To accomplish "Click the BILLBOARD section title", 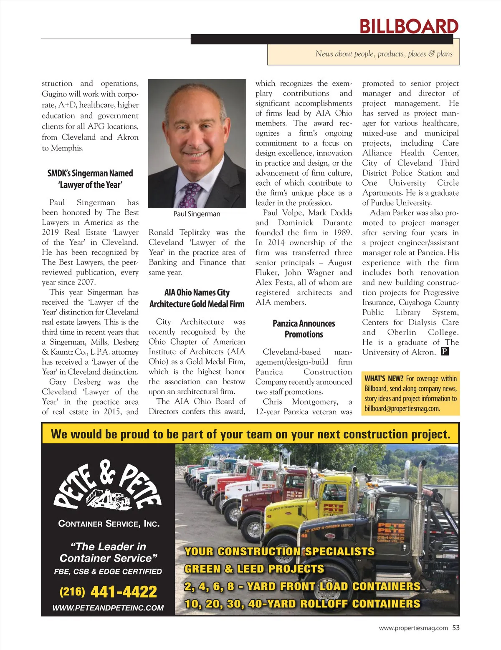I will (409, 26).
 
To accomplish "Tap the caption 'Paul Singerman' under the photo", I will (197, 214).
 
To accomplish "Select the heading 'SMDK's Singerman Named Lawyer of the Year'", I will (90, 179).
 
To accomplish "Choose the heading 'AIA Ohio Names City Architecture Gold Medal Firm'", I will (197, 298).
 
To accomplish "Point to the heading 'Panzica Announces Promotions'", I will (304, 329).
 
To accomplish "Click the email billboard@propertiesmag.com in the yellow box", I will (402, 408).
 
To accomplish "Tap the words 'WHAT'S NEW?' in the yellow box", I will (384, 378).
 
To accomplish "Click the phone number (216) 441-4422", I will (108, 592).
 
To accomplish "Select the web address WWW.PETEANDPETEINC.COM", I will (108, 608).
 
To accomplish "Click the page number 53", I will (456, 627).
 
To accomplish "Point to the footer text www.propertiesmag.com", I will (413, 628).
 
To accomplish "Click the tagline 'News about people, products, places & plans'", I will (384, 54).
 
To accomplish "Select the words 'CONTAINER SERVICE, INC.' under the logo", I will (109, 524).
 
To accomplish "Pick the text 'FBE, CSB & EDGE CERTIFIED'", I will (108, 572).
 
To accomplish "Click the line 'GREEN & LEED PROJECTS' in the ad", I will (254, 569).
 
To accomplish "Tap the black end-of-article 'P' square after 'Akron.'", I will (445, 352).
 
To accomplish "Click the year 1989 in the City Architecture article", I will (342, 232).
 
